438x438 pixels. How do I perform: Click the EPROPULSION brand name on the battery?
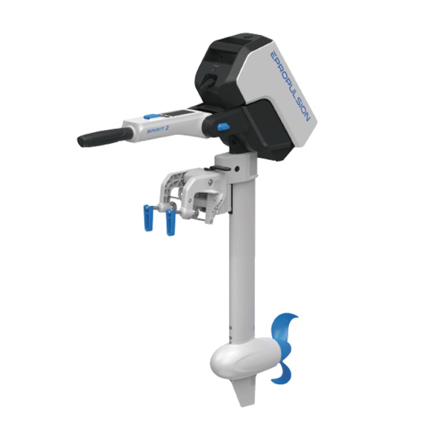pos(289,86)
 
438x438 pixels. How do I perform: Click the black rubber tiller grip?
pos(104,137)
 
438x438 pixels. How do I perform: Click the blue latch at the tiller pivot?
pos(223,127)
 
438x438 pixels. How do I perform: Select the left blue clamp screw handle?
pos(148,218)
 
